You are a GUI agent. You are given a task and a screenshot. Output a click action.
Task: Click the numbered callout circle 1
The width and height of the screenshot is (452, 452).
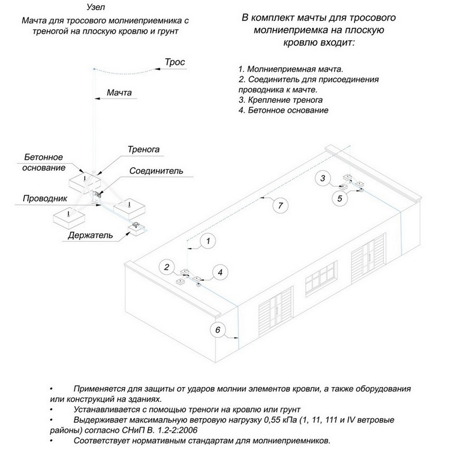click(x=208, y=241)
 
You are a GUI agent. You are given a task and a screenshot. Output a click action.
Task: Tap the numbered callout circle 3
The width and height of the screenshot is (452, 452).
click(x=323, y=179)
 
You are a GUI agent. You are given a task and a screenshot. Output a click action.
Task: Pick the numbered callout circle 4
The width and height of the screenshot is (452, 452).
click(x=221, y=272)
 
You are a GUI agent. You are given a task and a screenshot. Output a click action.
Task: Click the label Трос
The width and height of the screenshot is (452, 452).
click(x=174, y=61)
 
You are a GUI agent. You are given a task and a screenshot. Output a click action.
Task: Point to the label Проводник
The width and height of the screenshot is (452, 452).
click(x=45, y=199)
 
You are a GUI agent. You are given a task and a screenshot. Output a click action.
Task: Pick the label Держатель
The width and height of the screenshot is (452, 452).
click(x=88, y=234)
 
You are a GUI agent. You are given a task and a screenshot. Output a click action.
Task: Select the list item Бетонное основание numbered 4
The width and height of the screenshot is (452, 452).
click(x=284, y=110)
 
